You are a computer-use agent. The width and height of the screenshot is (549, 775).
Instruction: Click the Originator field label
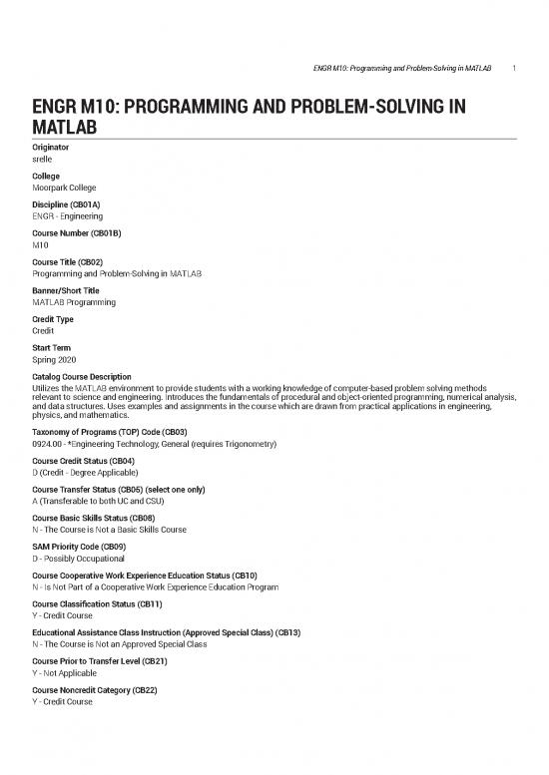click(54, 147)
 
